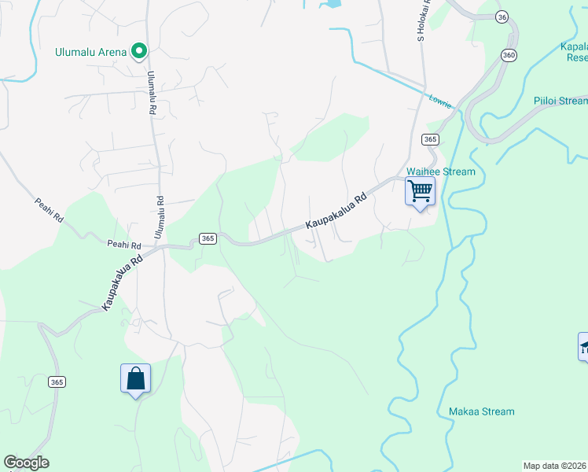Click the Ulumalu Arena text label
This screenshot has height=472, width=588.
[x=91, y=53]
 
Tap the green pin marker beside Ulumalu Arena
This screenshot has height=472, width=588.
[x=139, y=52]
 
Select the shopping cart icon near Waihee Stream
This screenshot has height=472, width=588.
[x=420, y=191]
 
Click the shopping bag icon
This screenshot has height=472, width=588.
[x=135, y=378]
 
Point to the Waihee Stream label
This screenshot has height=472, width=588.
[x=440, y=172]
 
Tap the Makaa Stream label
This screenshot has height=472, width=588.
[x=481, y=411]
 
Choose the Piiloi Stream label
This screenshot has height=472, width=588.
[x=560, y=101]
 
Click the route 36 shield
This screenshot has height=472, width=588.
[x=503, y=17]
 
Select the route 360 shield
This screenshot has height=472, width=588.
[x=509, y=54]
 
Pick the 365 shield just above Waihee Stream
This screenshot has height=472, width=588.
[x=429, y=139]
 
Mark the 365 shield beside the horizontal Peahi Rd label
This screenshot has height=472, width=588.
[x=208, y=238]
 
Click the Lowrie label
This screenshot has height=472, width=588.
[x=441, y=101]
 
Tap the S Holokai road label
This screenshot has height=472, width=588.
[x=421, y=22]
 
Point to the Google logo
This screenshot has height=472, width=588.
[x=26, y=463]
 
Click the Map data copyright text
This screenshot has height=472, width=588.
[x=555, y=466]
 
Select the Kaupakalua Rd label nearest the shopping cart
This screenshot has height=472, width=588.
[x=336, y=212]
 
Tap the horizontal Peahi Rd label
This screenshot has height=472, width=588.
[x=124, y=245]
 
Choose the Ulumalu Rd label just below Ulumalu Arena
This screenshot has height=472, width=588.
[x=151, y=93]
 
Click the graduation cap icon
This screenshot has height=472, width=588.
[x=584, y=346]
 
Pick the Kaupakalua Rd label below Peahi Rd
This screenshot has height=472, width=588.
[x=122, y=281]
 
